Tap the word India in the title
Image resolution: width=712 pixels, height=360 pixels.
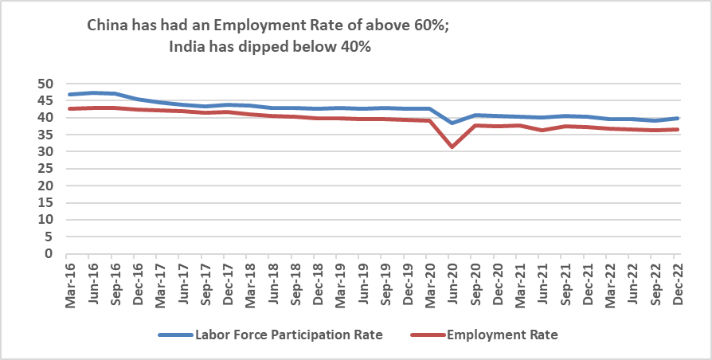click(x=188, y=47)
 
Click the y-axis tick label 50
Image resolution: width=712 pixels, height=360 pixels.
click(x=45, y=84)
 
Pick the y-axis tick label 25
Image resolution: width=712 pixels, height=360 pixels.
click(x=45, y=169)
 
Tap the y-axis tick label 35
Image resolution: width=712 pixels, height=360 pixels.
click(x=45, y=135)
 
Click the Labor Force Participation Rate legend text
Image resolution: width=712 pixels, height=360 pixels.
click(x=289, y=335)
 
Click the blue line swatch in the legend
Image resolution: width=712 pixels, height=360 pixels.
click(x=175, y=335)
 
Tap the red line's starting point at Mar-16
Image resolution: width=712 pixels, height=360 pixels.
click(x=71, y=108)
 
